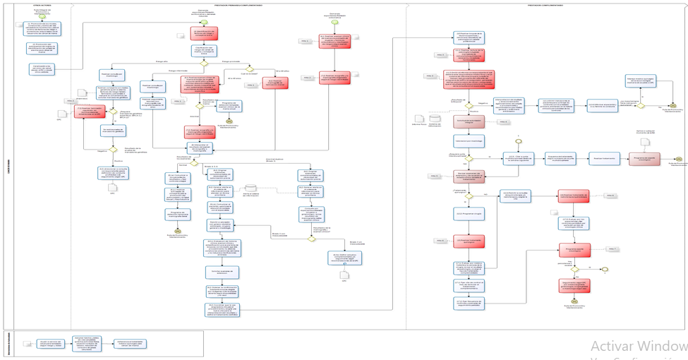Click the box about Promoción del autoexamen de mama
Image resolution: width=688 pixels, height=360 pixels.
pyautogui.click(x=42, y=48)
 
